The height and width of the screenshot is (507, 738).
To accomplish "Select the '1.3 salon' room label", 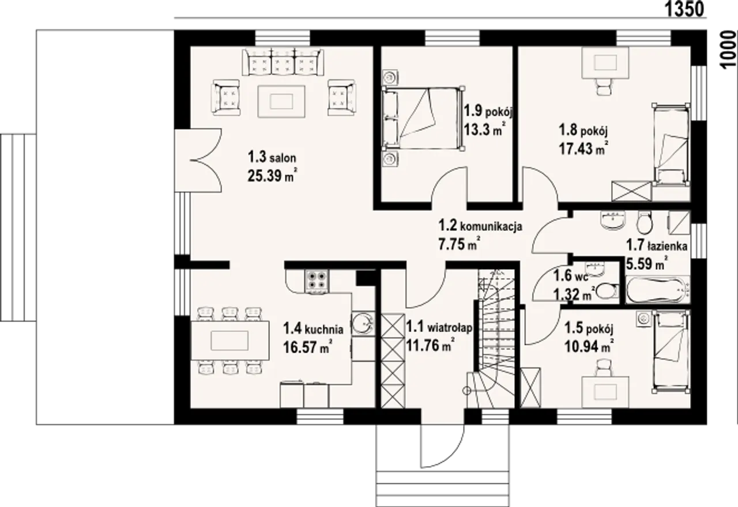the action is (272, 157).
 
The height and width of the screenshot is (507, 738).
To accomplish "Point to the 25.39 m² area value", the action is (273, 176).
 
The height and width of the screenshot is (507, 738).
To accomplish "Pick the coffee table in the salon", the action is (281, 101).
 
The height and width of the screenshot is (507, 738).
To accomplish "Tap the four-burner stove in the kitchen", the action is (317, 282).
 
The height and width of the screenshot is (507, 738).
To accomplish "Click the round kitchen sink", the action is (363, 323).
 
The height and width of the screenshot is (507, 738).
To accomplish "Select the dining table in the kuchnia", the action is (230, 340).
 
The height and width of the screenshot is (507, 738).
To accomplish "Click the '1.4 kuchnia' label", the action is (313, 328).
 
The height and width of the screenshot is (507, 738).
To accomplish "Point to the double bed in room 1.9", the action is (423, 119).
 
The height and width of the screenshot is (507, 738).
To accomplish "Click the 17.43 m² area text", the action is (583, 148).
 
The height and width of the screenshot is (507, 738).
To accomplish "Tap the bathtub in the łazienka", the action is (658, 290).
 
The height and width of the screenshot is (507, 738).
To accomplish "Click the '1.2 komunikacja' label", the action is (480, 226).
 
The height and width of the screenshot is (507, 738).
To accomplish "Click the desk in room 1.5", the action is (605, 392).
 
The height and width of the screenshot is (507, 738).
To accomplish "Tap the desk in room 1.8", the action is (605, 63).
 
